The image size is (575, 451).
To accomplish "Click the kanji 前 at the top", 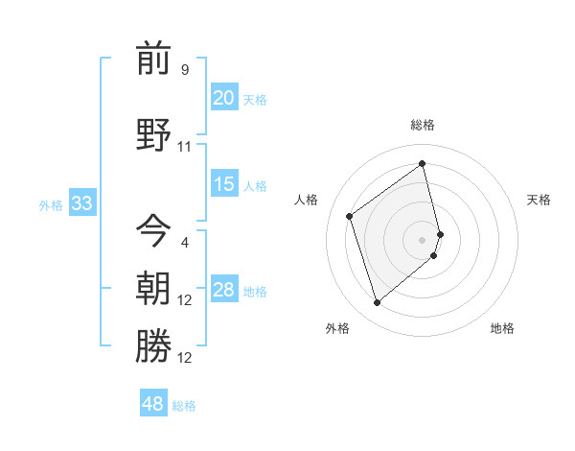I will click(x=153, y=59).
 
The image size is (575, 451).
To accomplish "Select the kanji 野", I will click(x=153, y=133).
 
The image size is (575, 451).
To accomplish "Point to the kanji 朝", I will click(x=153, y=287).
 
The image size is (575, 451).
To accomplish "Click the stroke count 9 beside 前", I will click(x=185, y=70).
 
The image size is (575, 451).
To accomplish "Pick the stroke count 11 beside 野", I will click(x=185, y=147).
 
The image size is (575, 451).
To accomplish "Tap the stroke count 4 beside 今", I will click(x=185, y=242).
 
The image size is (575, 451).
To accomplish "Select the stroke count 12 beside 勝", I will click(x=185, y=358).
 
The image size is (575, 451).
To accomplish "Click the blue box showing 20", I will click(x=223, y=98).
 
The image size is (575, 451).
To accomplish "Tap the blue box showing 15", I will click(x=223, y=184).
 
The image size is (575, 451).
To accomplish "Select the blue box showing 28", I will click(x=223, y=290).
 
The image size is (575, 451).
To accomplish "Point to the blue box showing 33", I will click(x=81, y=203).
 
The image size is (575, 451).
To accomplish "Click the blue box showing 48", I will click(x=153, y=404).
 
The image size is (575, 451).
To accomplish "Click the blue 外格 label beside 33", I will click(x=51, y=204).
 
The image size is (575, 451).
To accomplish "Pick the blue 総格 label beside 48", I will click(x=184, y=405).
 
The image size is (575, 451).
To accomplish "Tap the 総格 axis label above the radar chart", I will click(x=423, y=125).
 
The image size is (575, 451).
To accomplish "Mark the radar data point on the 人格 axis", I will click(x=350, y=216).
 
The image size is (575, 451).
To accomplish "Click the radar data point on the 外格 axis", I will click(x=377, y=303).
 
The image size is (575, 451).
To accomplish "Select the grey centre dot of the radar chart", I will click(x=423, y=239).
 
